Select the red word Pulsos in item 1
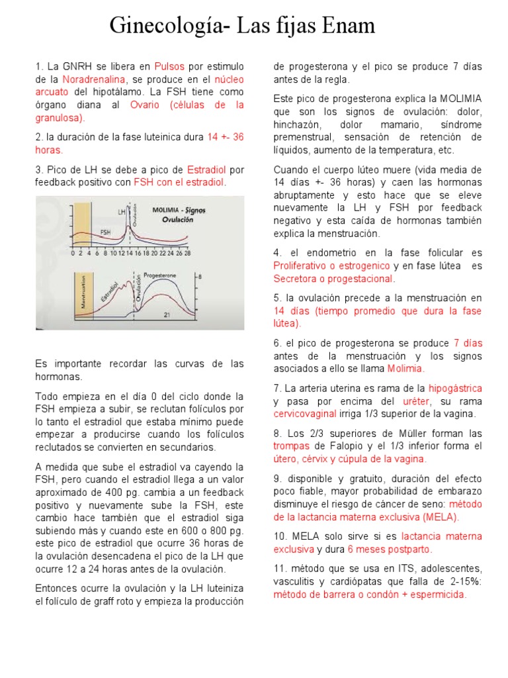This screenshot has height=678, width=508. (170, 67)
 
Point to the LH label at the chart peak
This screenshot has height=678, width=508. (122, 211)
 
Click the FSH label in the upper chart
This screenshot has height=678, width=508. (105, 232)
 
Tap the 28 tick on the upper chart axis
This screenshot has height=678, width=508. (187, 254)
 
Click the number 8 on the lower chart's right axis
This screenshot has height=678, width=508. (200, 276)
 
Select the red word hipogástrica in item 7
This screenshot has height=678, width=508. (455, 389)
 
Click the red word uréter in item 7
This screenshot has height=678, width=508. (417, 401)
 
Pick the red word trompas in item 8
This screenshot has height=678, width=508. (292, 446)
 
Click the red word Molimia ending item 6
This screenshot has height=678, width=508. (405, 369)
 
